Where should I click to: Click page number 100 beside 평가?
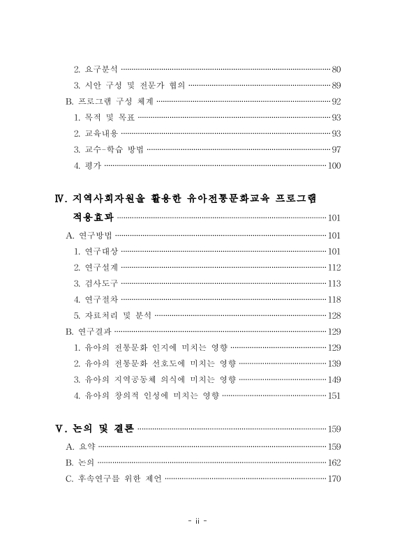(334, 165)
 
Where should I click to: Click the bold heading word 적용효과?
(93, 218)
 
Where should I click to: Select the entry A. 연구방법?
(88, 235)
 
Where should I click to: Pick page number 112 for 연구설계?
(334, 267)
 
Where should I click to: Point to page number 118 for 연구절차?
(334, 299)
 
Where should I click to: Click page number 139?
(334, 363)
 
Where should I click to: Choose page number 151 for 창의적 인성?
(334, 395)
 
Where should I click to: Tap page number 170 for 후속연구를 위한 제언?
(334, 478)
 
